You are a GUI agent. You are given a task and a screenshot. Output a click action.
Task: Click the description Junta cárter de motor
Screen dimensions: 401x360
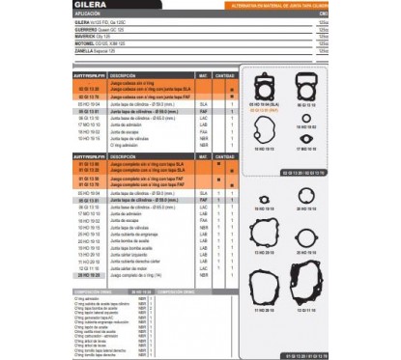pos(129,267)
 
